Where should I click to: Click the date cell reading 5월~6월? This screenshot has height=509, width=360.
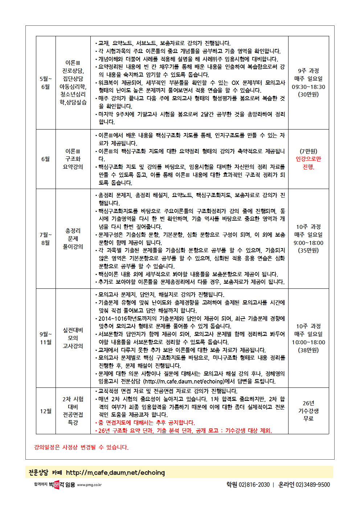coord(46,83)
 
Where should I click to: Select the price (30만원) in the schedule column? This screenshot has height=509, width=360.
coord(308,94)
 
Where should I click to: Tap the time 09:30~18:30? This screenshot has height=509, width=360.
coord(308,87)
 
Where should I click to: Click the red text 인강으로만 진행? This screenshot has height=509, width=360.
coord(308,163)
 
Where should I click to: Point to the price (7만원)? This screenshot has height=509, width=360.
coord(308,151)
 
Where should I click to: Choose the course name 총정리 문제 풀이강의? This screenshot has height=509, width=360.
coord(73,239)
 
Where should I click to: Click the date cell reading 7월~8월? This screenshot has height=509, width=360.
coord(46,239)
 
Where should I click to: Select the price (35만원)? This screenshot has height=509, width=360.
coord(308,250)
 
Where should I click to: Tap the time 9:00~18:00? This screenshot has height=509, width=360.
coord(308,243)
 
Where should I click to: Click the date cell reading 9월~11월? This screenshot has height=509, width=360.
coord(46,338)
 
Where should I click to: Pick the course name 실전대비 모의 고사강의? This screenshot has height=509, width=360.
coord(73,338)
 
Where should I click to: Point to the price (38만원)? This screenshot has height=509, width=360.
coord(308,350)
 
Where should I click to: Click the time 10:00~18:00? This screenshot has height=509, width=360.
coord(308,342)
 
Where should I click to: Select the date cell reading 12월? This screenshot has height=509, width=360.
coord(46,411)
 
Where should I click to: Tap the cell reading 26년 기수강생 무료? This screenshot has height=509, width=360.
coord(308,411)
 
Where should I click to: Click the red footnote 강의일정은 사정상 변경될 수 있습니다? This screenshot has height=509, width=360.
coord(81,447)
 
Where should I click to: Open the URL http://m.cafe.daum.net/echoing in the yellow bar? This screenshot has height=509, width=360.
coord(115,473)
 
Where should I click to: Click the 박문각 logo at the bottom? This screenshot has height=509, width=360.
coord(56,484)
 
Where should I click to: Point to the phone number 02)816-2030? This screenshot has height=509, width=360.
coord(254,485)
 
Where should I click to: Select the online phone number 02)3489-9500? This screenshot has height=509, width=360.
coord(312,485)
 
